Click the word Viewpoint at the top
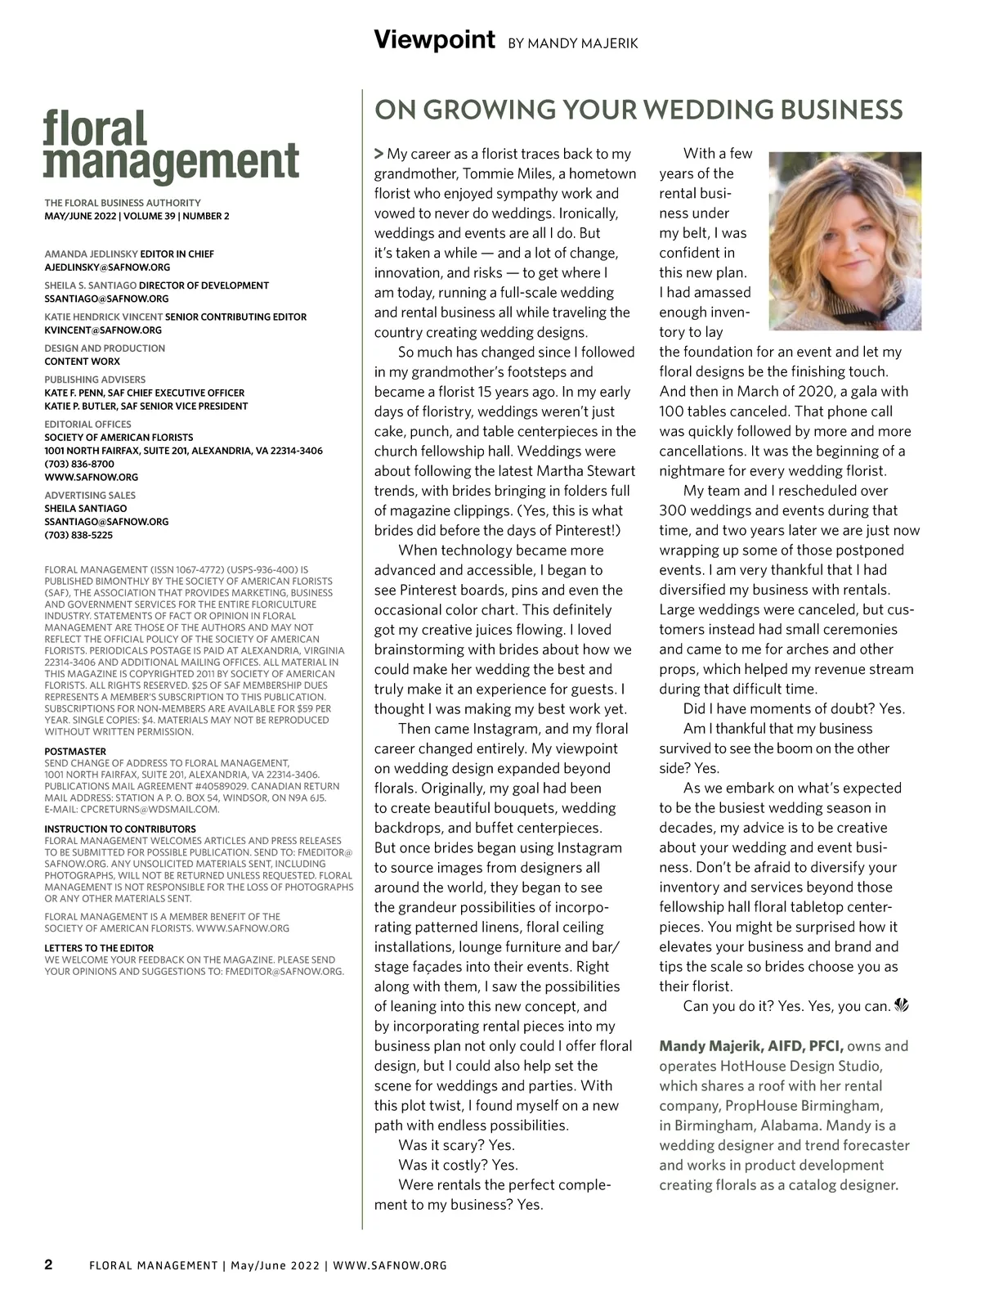click(x=434, y=39)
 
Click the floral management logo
click(x=171, y=147)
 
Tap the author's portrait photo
click(x=845, y=240)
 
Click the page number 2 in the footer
click(x=48, y=1265)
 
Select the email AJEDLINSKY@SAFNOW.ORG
click(x=107, y=267)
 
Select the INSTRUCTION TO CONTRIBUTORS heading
click(x=120, y=829)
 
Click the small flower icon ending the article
click(x=903, y=1005)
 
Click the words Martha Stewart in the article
click(x=585, y=471)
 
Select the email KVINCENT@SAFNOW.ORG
click(x=103, y=330)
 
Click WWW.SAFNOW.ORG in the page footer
click(x=390, y=1265)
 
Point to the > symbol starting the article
click(x=379, y=154)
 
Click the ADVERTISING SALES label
click(x=90, y=495)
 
